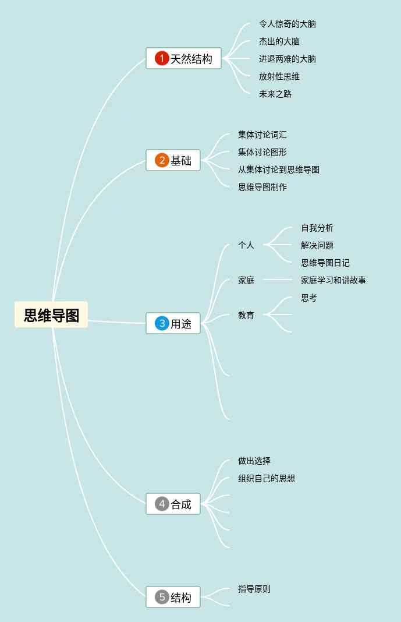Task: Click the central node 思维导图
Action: tap(51, 315)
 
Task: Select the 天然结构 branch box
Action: tap(183, 59)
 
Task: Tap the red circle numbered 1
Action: tap(162, 58)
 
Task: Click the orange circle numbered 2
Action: tap(162, 160)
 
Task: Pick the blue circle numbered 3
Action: tap(162, 323)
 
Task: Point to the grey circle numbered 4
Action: tap(162, 504)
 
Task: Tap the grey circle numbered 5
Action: tap(162, 597)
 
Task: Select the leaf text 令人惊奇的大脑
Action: tap(288, 24)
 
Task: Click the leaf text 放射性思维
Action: tap(279, 76)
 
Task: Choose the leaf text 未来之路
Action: tap(275, 94)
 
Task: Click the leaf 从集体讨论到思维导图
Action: tap(279, 169)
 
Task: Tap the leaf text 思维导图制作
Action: tap(262, 187)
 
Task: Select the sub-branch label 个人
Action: tap(246, 245)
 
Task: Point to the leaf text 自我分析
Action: tap(317, 228)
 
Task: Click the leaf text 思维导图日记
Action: tap(325, 263)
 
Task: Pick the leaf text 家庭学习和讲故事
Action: tap(333, 280)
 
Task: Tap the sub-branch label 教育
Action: tap(246, 315)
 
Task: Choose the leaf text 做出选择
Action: tap(254, 461)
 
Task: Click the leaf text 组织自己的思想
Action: tap(267, 478)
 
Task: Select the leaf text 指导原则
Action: tap(254, 589)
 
